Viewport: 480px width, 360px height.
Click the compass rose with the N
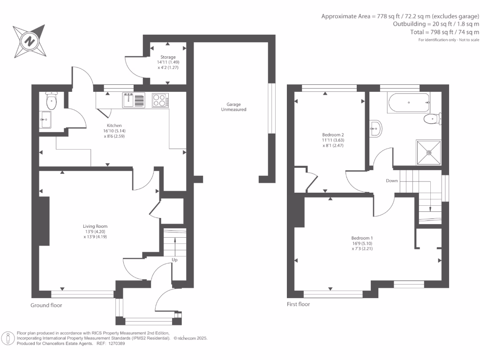pyautogui.click(x=30, y=41)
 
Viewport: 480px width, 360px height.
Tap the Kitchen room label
pyautogui.click(x=114, y=126)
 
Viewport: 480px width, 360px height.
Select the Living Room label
pyautogui.click(x=95, y=226)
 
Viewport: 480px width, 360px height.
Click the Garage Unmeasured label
pyautogui.click(x=233, y=107)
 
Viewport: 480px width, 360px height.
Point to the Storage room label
pyautogui.click(x=168, y=57)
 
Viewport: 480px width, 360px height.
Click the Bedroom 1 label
pyautogui.click(x=362, y=238)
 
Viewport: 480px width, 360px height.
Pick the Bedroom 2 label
pyautogui.click(x=333, y=135)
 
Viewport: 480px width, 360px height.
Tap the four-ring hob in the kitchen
pyautogui.click(x=160, y=100)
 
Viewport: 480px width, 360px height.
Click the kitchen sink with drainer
pyautogui.click(x=134, y=100)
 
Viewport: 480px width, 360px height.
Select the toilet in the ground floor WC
pyautogui.click(x=52, y=100)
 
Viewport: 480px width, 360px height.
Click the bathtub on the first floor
pyautogui.click(x=409, y=103)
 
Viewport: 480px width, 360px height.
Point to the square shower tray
pyautogui.click(x=428, y=152)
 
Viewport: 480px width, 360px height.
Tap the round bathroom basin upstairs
pyautogui.click(x=375, y=128)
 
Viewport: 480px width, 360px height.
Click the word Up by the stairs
pyautogui.click(x=174, y=260)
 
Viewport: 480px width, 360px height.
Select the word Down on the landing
pyautogui.click(x=392, y=180)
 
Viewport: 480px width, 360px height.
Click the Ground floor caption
pyautogui.click(x=46, y=305)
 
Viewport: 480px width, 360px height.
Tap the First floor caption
pyautogui.click(x=299, y=304)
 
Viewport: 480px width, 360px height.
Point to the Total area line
pyautogui.click(x=445, y=32)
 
